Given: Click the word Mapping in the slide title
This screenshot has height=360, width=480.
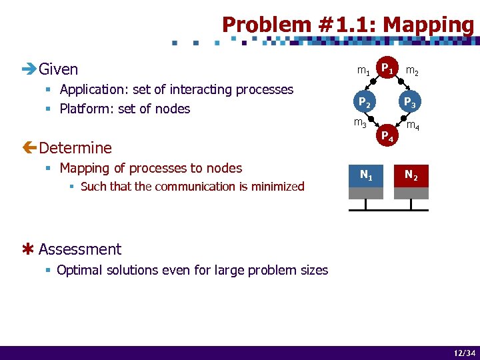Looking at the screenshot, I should point(429,25).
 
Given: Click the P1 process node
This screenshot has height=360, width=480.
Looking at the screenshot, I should point(387,68).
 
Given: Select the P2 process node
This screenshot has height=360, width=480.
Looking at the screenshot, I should point(364,102).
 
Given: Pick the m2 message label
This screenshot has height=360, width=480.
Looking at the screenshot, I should point(412,71).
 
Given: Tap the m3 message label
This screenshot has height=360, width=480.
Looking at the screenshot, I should point(360,123).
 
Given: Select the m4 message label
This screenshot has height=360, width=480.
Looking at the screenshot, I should point(413,125).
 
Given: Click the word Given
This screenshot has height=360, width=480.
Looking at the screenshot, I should point(59,69).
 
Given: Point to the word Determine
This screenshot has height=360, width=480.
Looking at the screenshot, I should point(75,147).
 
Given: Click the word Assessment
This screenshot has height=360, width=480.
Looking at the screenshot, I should point(80,249).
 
